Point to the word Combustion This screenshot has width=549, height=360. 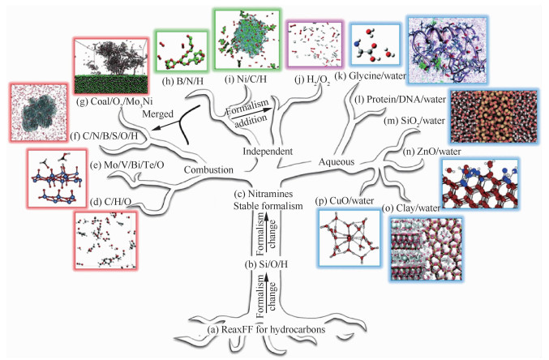pyautogui.click(x=208, y=169)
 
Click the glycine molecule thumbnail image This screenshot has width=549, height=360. pyautogui.click(x=375, y=48)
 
